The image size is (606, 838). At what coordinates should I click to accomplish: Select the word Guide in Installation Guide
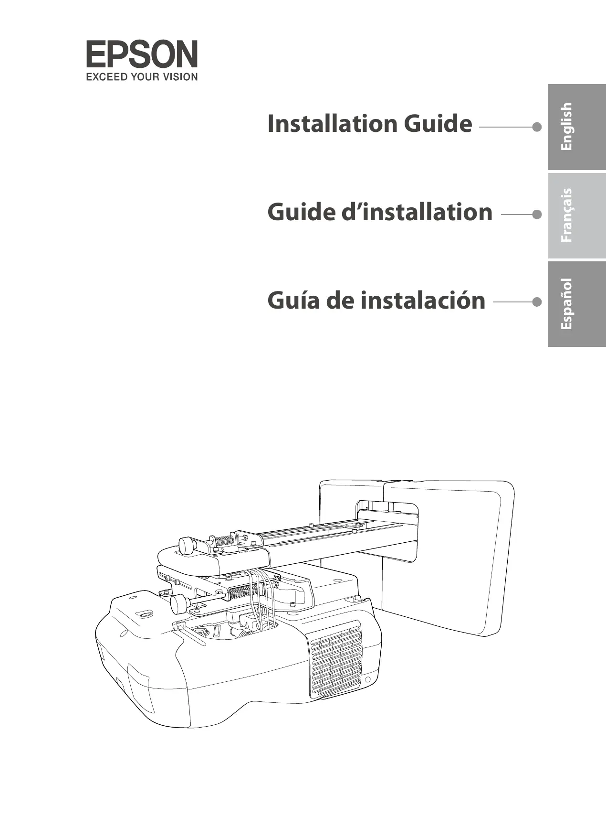(x=438, y=124)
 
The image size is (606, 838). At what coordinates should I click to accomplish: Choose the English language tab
(x=576, y=127)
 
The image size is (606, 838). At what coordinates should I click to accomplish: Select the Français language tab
(x=576, y=215)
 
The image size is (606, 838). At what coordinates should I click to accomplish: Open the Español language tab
(x=576, y=304)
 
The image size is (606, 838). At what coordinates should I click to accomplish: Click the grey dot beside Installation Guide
(x=537, y=127)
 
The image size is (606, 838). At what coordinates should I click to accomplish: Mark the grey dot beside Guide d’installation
(x=537, y=215)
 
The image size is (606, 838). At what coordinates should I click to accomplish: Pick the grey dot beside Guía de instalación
(x=537, y=302)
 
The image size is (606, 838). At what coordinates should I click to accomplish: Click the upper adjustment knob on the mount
(x=186, y=546)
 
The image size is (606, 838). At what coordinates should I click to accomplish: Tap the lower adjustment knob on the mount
(x=178, y=604)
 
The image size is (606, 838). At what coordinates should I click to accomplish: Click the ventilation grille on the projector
(x=335, y=659)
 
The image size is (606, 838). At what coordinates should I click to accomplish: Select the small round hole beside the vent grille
(x=368, y=680)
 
